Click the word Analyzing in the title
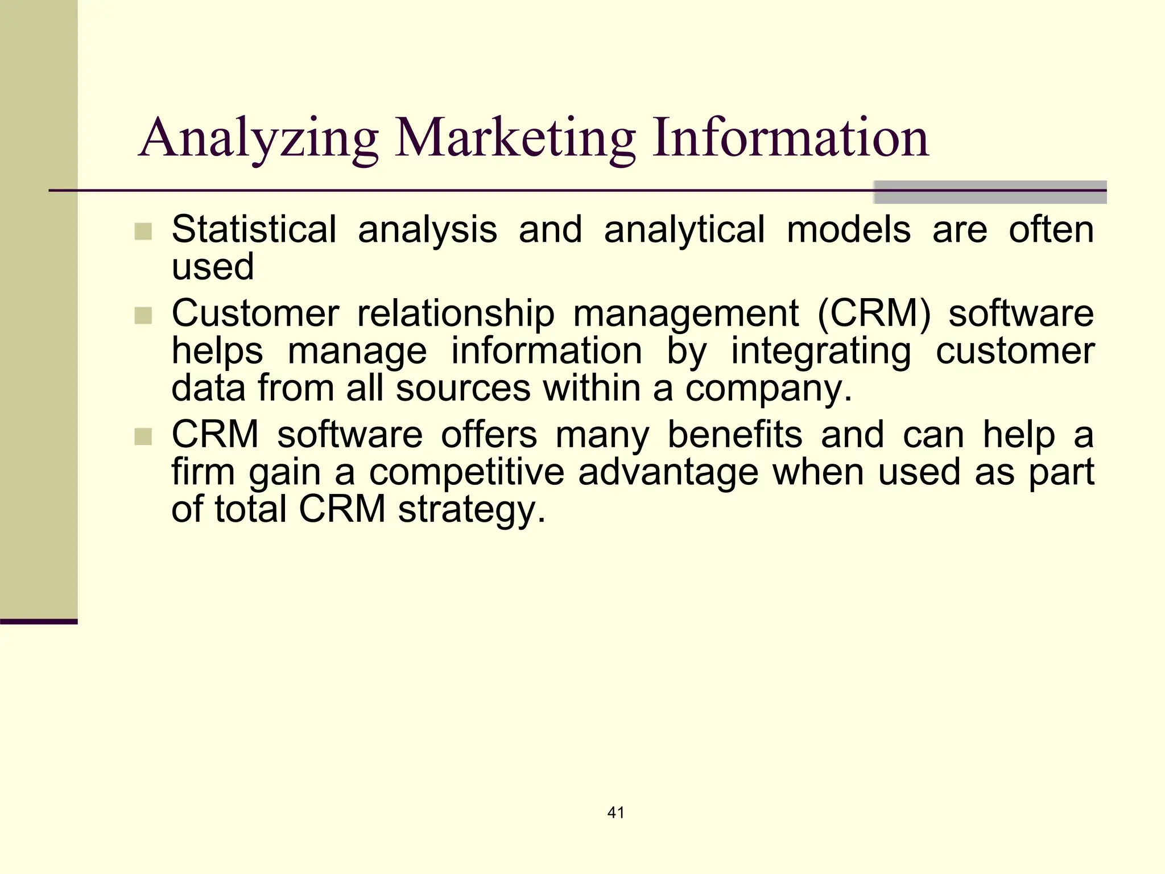pyautogui.click(x=258, y=138)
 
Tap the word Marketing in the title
pyautogui.click(x=515, y=138)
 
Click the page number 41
pyautogui.click(x=616, y=813)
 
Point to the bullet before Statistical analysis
pyautogui.click(x=143, y=232)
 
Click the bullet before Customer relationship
pyautogui.click(x=143, y=315)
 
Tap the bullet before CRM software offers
pyautogui.click(x=143, y=437)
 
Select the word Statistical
pyautogui.click(x=254, y=229)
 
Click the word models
pyautogui.click(x=849, y=229)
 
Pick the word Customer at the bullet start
pyautogui.click(x=255, y=313)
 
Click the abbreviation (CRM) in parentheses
pyautogui.click(x=874, y=314)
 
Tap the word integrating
pyautogui.click(x=821, y=352)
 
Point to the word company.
pyautogui.click(x=768, y=389)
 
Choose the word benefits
pyautogui.click(x=735, y=435)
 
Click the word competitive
pyautogui.click(x=466, y=472)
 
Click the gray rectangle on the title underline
pyautogui.click(x=990, y=192)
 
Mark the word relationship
pyautogui.click(x=456, y=314)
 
